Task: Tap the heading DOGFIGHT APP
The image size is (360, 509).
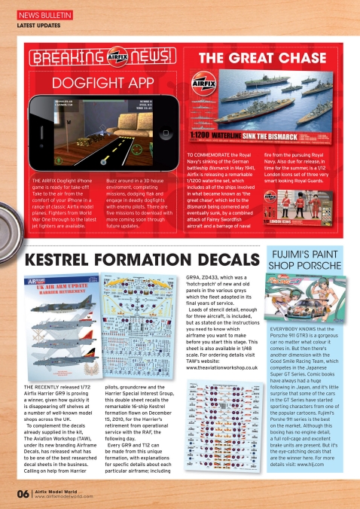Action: (100, 82)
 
